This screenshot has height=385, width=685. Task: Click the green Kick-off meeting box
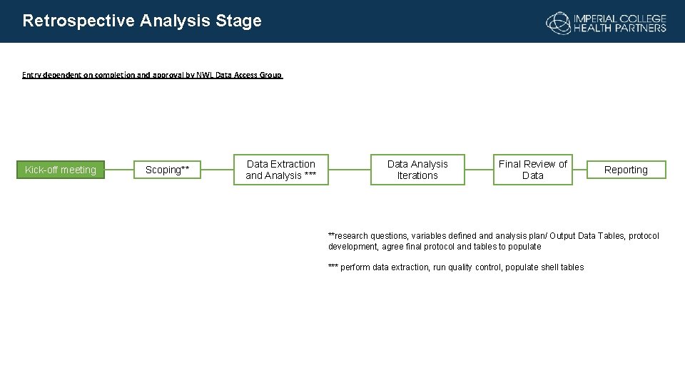[x=61, y=170]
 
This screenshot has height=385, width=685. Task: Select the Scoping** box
[x=168, y=170]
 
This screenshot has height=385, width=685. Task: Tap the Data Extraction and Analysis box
[x=281, y=170]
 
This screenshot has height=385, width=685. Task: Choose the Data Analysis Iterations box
[x=417, y=170]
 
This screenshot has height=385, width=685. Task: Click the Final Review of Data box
[x=532, y=170]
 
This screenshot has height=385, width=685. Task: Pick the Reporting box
[x=626, y=170]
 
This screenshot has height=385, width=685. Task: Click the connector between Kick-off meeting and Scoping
[x=120, y=170]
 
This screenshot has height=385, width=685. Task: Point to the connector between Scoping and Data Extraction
[x=218, y=170]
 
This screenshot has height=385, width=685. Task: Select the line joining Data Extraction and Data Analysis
[x=349, y=170]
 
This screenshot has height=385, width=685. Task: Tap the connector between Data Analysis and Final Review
[x=479, y=170]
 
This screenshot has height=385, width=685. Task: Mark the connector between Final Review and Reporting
[x=579, y=170]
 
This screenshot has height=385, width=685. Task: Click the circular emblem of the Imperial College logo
[x=558, y=23]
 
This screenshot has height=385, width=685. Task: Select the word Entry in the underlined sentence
[x=32, y=75]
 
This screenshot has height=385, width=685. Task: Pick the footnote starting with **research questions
[x=493, y=241]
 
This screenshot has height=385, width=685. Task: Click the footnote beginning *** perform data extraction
[x=456, y=267]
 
